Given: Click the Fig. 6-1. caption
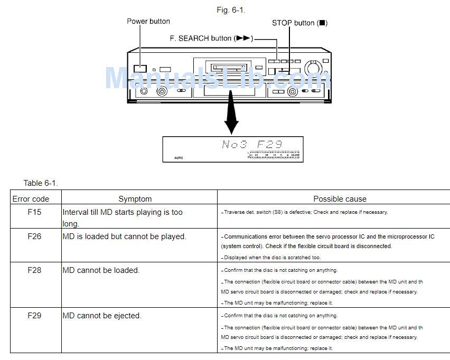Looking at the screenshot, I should (231, 10).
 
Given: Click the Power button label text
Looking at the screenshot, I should (148, 22).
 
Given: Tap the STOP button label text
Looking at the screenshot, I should (299, 23).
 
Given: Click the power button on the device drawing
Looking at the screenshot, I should (140, 68).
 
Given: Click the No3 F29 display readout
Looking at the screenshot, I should (251, 144).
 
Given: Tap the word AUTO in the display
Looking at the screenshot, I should (179, 157).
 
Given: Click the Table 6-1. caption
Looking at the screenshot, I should (41, 183).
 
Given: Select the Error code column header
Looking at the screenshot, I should (31, 199).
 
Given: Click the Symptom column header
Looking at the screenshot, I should (135, 199).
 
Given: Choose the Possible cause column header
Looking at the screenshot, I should (340, 199).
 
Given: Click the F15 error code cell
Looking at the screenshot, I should (34, 212).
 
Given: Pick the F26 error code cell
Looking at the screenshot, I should (34, 236).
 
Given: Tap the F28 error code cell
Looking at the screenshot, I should (34, 270).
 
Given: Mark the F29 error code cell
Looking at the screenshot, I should (34, 316).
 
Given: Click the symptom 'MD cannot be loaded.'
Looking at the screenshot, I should (101, 270).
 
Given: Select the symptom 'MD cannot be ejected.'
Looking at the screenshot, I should (102, 316).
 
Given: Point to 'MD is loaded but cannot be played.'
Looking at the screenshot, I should (125, 236).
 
